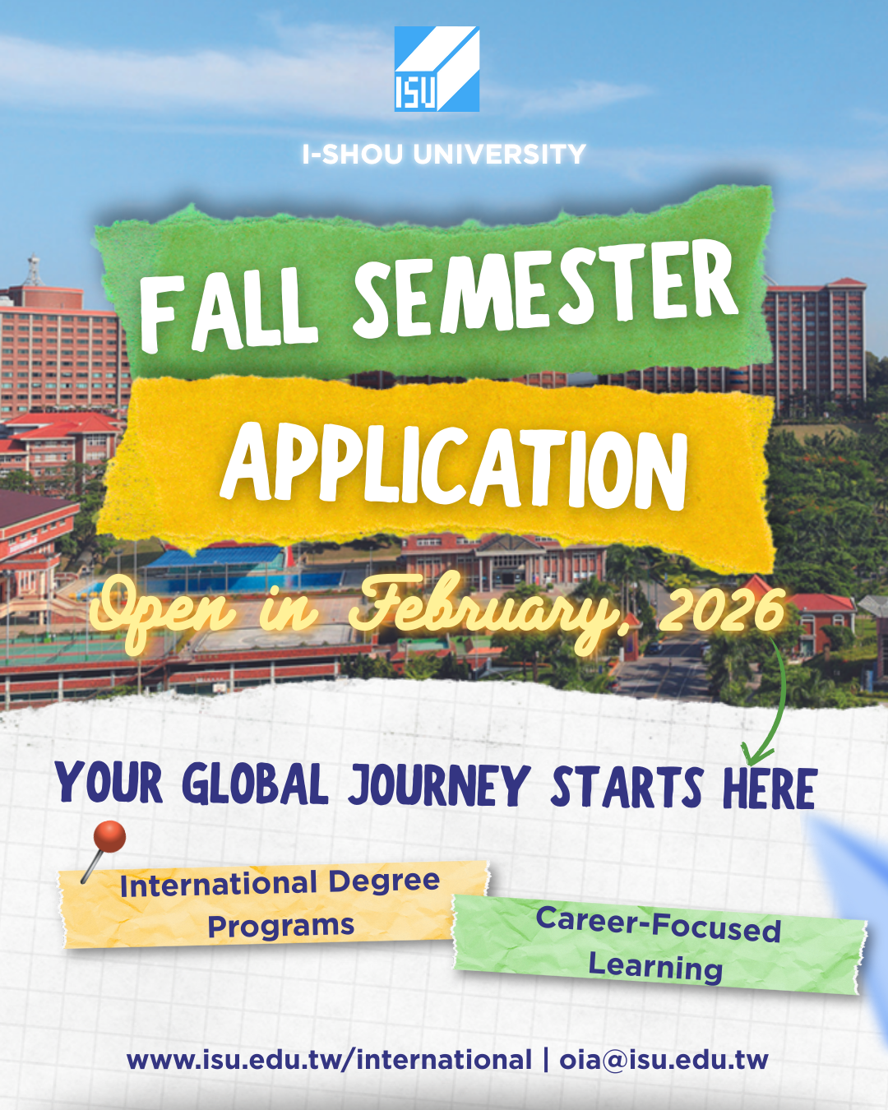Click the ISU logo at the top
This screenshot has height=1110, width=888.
pos(437,68)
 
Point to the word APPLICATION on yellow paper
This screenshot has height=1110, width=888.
pos(455,465)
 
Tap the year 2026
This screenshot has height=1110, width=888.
pos(722,611)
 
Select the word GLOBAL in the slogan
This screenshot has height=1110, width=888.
pos(255,784)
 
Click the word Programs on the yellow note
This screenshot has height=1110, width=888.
pos(280,927)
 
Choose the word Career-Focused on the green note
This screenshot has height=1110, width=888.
pos(658,924)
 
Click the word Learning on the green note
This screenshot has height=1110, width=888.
pos(655,967)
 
